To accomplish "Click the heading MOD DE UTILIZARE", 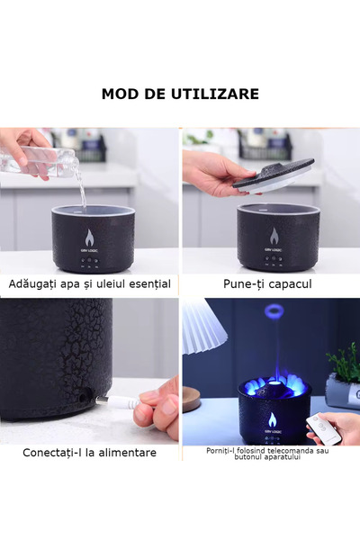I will [x=180, y=94].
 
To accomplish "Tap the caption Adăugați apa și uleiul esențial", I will [x=89, y=284].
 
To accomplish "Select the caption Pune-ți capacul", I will [x=267, y=284].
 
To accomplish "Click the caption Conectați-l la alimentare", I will [x=89, y=453].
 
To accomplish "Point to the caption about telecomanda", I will [x=267, y=454].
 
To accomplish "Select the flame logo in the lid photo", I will [x=274, y=236].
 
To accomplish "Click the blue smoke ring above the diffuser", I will [x=274, y=311].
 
